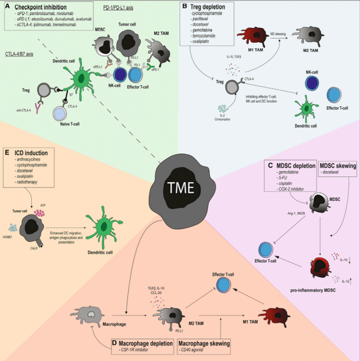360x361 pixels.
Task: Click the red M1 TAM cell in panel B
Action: [x=252, y=39]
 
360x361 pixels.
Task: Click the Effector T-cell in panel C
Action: [x=266, y=249]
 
